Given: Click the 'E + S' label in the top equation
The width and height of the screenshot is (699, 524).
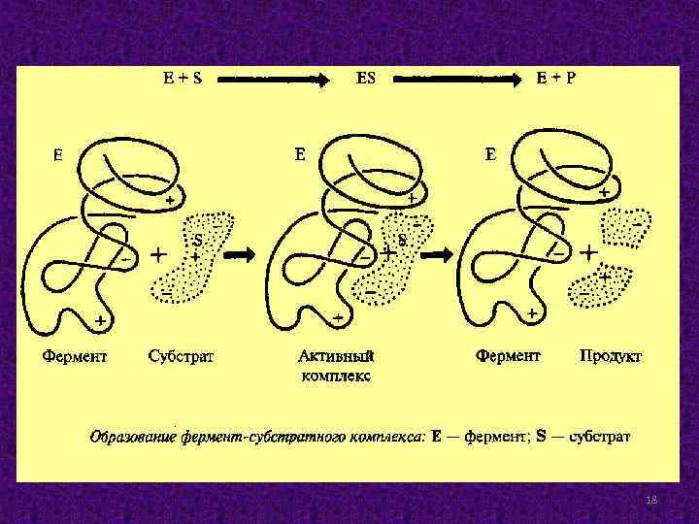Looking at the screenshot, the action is (x=182, y=80).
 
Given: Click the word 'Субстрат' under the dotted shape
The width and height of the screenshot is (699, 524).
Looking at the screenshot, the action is (x=182, y=356).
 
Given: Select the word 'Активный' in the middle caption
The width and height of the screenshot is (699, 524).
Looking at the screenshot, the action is (x=335, y=356).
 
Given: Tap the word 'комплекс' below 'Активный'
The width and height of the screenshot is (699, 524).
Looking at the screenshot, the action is (x=335, y=375).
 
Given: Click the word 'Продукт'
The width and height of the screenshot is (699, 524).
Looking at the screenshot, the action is (x=610, y=356).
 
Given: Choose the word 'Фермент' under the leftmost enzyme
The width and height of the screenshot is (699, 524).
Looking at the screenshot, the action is (x=75, y=356).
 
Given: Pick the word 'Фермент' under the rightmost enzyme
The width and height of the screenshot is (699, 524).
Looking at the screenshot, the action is (x=508, y=356).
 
